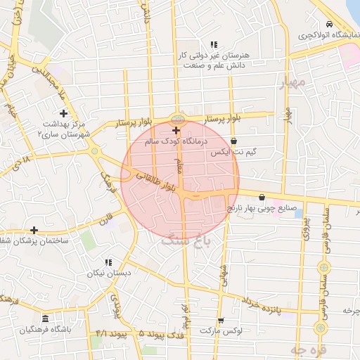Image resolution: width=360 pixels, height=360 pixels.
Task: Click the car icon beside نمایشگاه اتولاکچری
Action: point(330,25)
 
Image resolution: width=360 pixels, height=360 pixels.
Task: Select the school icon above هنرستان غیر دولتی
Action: point(214,44)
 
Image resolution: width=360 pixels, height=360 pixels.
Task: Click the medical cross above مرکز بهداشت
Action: point(64,113)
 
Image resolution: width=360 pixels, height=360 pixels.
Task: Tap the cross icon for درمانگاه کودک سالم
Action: point(176,130)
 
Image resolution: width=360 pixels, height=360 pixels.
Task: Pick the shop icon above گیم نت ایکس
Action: point(233,141)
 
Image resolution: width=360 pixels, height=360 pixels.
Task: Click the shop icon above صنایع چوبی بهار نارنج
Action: point(262,198)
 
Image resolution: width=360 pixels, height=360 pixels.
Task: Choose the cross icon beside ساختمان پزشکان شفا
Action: point(34,230)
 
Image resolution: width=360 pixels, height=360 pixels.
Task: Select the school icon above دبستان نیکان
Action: point(108,262)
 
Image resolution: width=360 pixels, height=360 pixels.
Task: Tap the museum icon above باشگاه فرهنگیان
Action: point(46,319)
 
